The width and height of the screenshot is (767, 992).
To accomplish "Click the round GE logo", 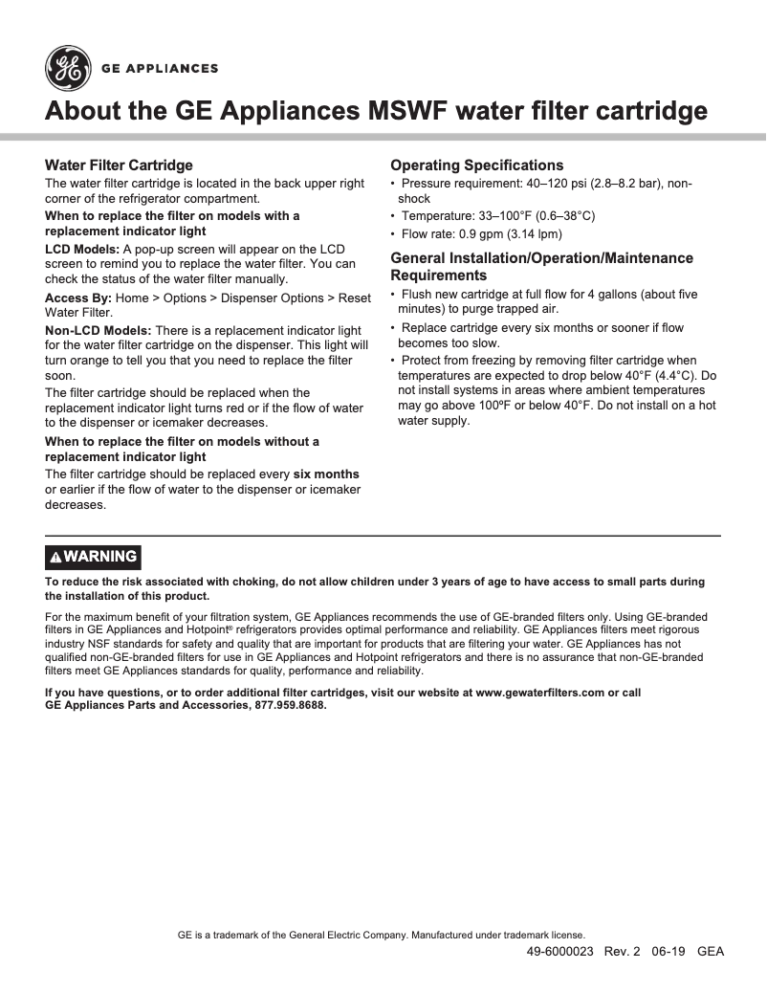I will click(66, 68).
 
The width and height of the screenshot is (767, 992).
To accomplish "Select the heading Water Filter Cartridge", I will click(120, 165).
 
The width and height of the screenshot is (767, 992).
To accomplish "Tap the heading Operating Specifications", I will click(477, 165).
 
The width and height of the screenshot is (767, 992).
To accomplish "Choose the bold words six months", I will click(326, 474).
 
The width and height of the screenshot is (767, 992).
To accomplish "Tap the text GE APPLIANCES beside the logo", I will click(161, 69).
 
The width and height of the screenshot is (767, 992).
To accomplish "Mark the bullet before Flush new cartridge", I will click(393, 295).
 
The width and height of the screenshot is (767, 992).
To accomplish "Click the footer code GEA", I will click(711, 951).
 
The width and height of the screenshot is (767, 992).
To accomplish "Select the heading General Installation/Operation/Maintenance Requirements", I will click(541, 267).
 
